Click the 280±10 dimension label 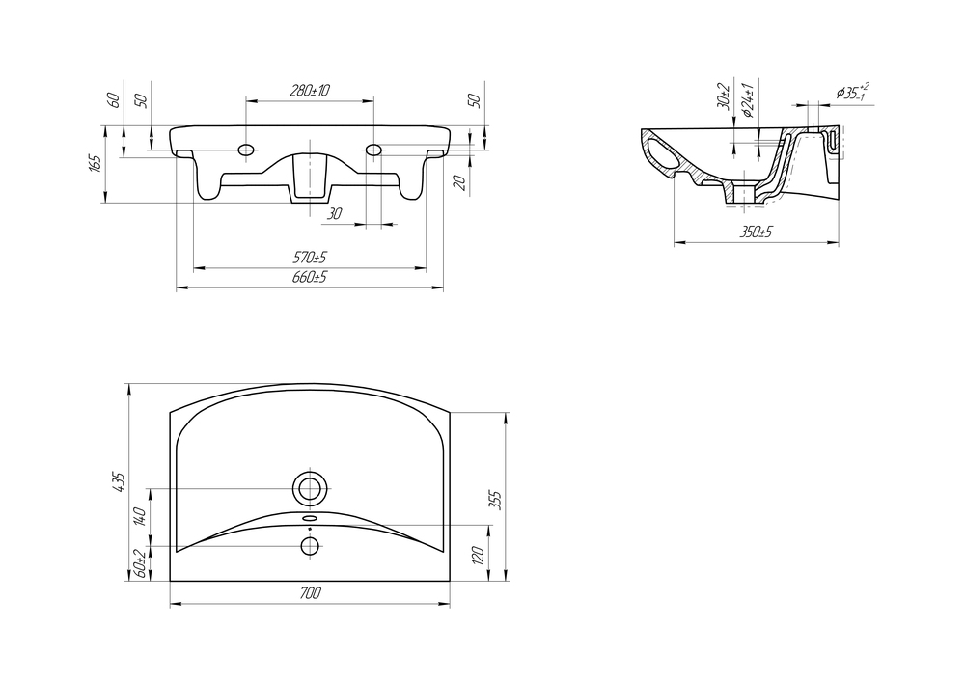click(310, 91)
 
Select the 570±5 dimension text click(310, 257)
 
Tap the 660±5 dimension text click(310, 276)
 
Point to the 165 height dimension click(95, 164)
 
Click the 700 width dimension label click(310, 593)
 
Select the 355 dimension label click(495, 501)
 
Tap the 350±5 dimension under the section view click(757, 232)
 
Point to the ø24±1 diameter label click(748, 99)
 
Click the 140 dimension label click(139, 516)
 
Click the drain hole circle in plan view click(310, 488)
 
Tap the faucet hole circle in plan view click(310, 545)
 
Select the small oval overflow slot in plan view click(310, 519)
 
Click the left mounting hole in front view click(246, 150)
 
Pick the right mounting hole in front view click(373, 150)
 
